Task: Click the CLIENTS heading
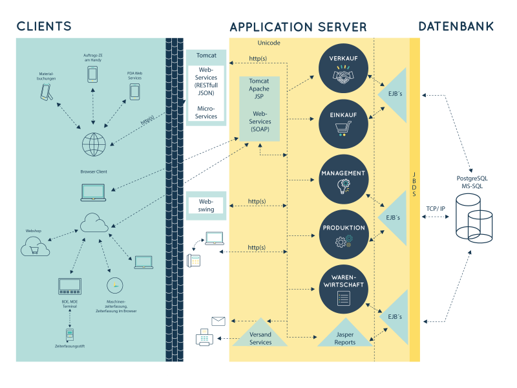44,27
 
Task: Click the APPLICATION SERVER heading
298,27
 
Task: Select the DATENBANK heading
456,27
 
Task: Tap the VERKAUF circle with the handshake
344,69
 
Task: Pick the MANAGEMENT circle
344,179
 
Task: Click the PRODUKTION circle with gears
344,234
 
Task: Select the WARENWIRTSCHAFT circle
344,289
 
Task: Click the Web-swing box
206,205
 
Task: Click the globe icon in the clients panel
94,144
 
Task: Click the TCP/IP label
436,208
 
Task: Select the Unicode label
268,43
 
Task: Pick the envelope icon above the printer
218,321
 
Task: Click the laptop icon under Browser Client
93,192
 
